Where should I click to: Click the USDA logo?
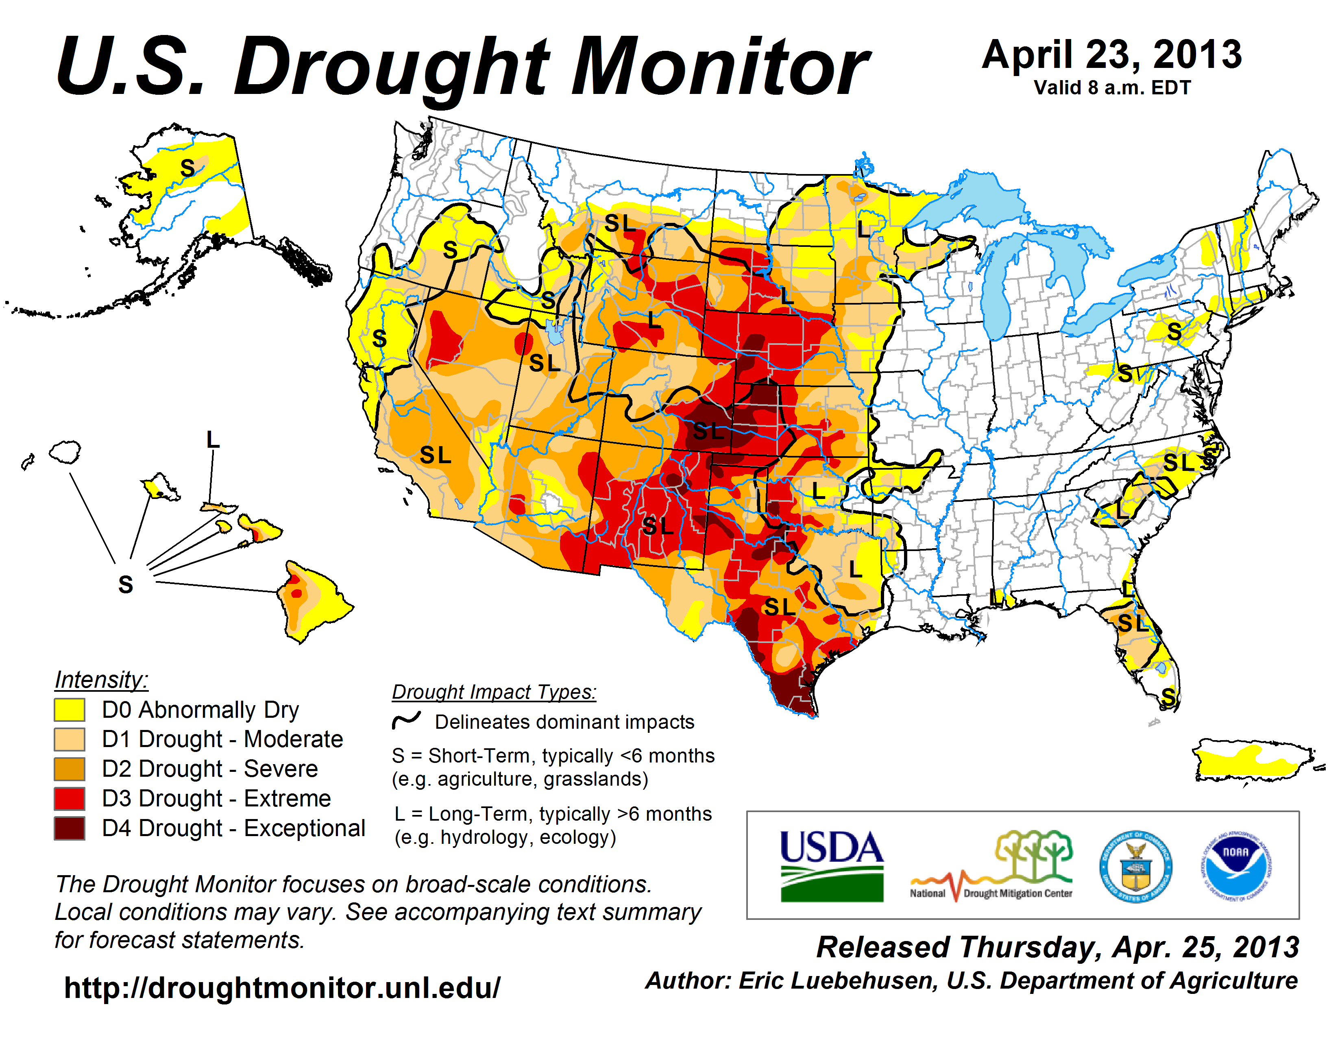pyautogui.click(x=831, y=866)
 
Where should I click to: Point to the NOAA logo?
pyautogui.click(x=1236, y=866)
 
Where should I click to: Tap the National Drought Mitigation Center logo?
pyautogui.click(x=992, y=866)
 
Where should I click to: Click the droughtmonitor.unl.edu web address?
pyautogui.click(x=282, y=988)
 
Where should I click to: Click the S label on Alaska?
pyautogui.click(x=187, y=168)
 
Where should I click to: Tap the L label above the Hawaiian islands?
pyautogui.click(x=213, y=440)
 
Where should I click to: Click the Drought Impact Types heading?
pyautogui.click(x=494, y=692)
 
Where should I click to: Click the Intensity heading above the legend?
pyautogui.click(x=101, y=680)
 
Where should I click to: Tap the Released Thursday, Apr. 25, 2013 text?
pyautogui.click(x=1057, y=947)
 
